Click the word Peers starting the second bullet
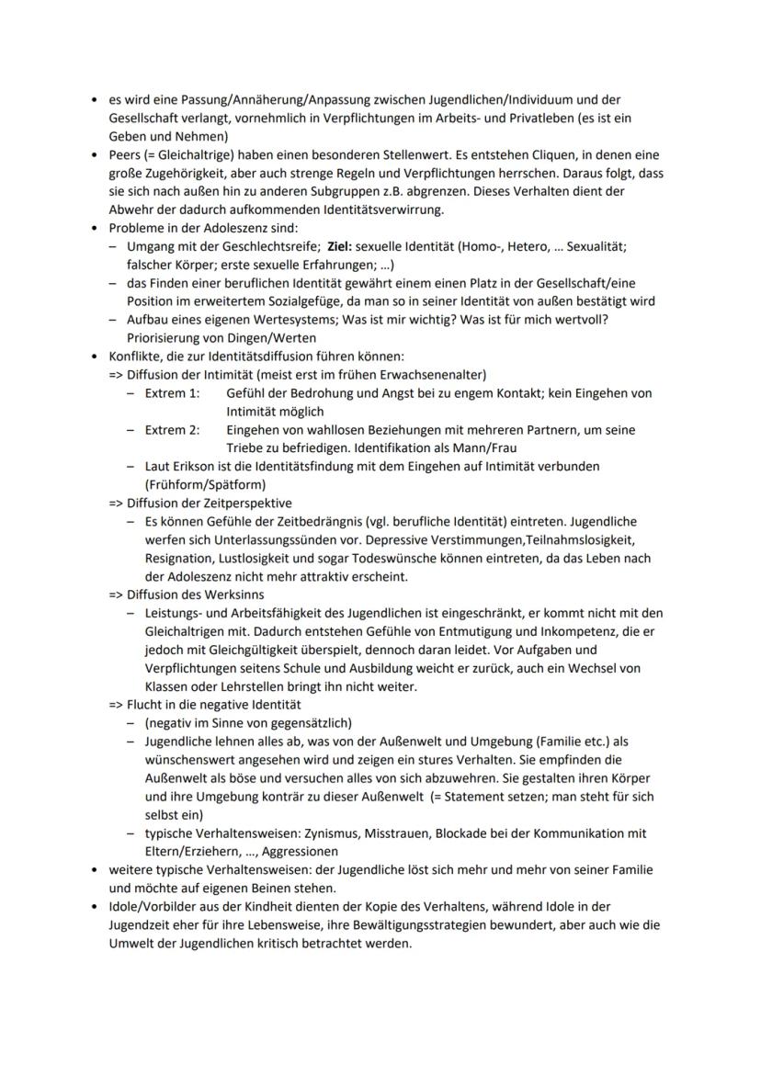(x=125, y=154)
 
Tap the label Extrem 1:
(x=172, y=392)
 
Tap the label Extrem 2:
(x=172, y=429)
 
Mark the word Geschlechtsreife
(x=259, y=246)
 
